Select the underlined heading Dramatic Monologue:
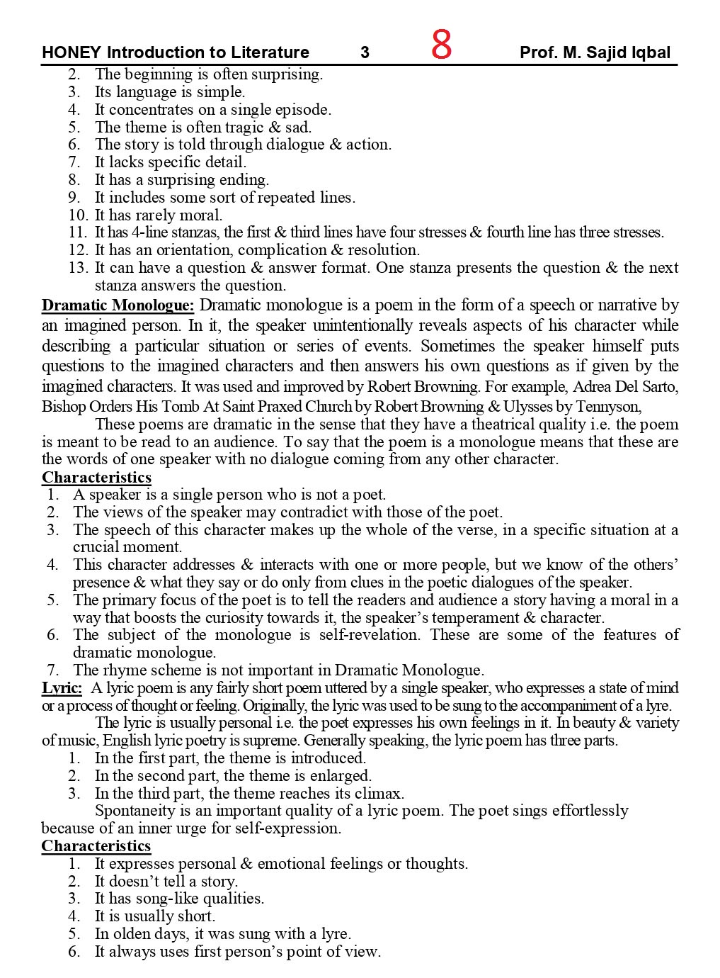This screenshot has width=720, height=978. coord(118,305)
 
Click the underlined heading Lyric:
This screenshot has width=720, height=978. coord(62,688)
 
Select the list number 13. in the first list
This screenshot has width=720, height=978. coord(79,268)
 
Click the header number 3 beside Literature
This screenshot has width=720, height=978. coord(365,52)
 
